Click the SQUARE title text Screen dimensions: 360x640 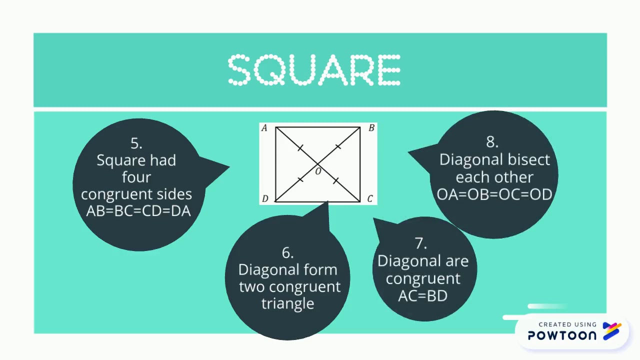pyautogui.click(x=314, y=70)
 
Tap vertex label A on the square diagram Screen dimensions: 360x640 pyautogui.click(x=264, y=128)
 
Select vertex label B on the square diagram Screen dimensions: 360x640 pyautogui.click(x=371, y=128)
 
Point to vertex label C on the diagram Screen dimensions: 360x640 pyautogui.click(x=370, y=199)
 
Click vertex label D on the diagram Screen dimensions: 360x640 pyautogui.click(x=265, y=199)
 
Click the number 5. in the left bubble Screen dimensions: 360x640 pyautogui.click(x=136, y=143)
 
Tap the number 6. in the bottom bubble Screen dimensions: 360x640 pyautogui.click(x=287, y=253)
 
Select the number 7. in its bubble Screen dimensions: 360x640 pyautogui.click(x=421, y=243)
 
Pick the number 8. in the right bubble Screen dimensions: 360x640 pyautogui.click(x=492, y=142)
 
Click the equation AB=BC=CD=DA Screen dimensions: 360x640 pyautogui.click(x=138, y=211)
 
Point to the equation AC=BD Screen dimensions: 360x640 pyautogui.click(x=423, y=296)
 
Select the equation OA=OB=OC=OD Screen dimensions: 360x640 pyautogui.click(x=494, y=194)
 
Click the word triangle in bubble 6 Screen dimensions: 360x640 pyautogui.click(x=288, y=304)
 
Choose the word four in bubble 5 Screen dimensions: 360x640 pyautogui.click(x=136, y=177)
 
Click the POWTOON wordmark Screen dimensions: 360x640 pyautogui.click(x=562, y=335)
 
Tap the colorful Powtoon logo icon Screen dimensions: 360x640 pyautogui.click(x=612, y=331)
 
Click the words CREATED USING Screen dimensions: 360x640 pyautogui.click(x=567, y=324)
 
